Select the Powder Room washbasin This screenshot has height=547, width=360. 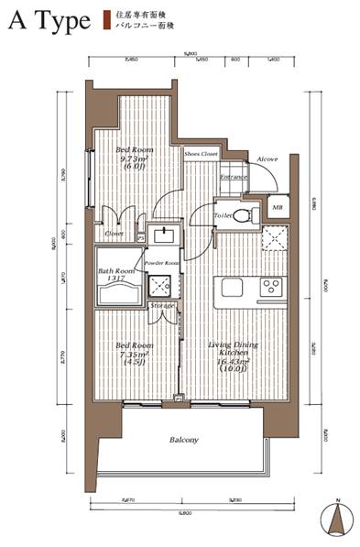[x=165, y=236]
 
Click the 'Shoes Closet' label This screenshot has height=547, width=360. [x=201, y=154]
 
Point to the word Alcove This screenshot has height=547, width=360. [x=267, y=159]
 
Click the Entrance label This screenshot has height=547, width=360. [x=235, y=177]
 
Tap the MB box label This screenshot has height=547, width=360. [x=278, y=209]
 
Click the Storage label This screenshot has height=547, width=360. [x=162, y=304]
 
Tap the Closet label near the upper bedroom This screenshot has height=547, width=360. [x=114, y=234]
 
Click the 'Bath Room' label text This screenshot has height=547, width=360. [x=116, y=272]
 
